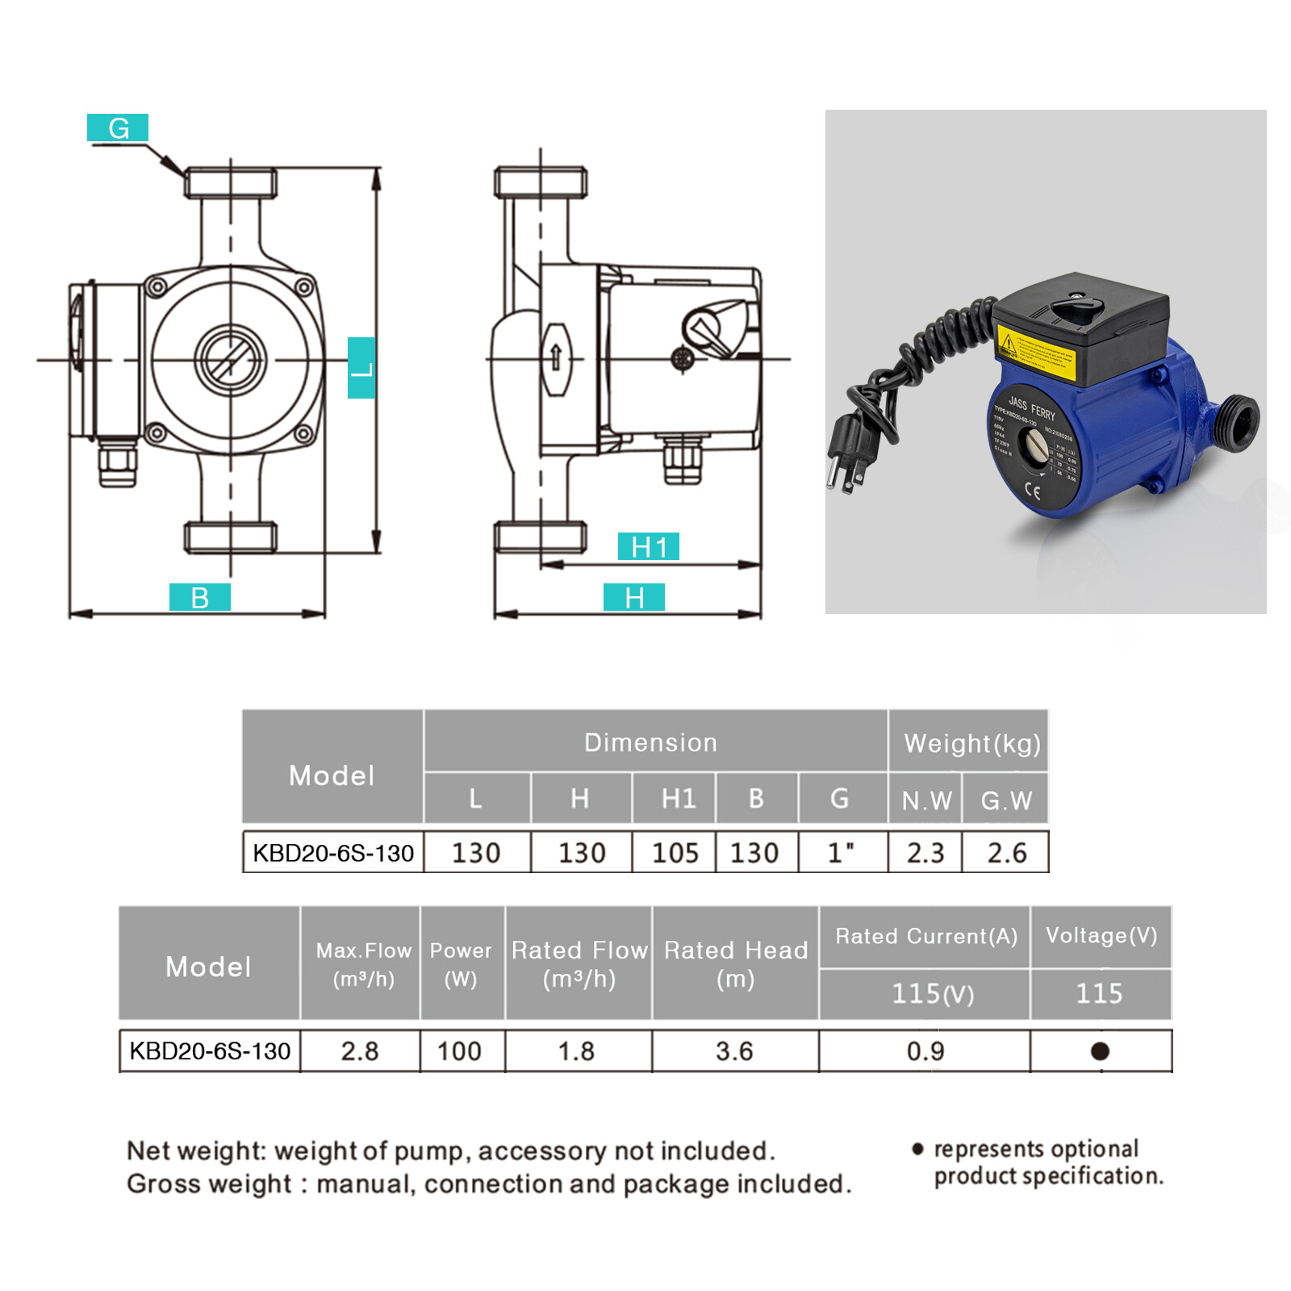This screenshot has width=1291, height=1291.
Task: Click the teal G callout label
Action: coord(118,127)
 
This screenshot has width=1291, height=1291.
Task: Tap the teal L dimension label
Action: coord(361,368)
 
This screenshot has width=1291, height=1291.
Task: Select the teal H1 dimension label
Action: coord(648,546)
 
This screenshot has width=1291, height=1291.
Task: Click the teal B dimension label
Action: coord(199,597)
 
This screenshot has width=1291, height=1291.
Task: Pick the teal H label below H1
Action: coord(634,597)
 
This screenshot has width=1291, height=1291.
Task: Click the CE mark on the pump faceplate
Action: coord(1032,490)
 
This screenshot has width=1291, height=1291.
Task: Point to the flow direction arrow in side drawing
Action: coord(555,357)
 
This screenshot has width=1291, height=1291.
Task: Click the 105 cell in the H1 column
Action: coord(675,852)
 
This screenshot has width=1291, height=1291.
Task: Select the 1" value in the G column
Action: coord(841,852)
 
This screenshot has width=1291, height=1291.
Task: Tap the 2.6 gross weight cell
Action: coord(1006,852)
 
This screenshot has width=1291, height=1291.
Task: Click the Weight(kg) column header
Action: coord(971,742)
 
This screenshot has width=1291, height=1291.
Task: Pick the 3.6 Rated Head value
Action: coord(734,1051)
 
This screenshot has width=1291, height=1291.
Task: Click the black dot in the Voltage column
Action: coord(1100,1051)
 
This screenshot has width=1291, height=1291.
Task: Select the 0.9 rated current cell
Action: coord(925,1051)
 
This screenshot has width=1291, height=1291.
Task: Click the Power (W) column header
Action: coord(461,963)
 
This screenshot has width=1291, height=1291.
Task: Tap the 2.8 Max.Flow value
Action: coord(359,1051)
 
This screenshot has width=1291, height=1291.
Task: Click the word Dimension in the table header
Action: coord(650,742)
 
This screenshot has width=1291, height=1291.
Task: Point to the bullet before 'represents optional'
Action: coord(917,1148)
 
